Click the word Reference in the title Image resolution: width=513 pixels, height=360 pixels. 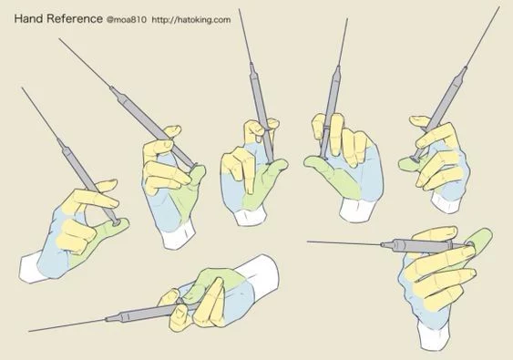(75, 18)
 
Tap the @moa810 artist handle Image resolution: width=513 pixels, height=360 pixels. (127, 20)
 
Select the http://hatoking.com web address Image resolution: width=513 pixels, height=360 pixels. (191, 20)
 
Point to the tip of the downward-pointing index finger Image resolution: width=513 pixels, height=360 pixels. (250, 191)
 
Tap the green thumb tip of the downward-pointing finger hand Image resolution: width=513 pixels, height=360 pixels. (282, 163)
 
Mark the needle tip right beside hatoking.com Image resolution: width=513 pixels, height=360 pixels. (239, 9)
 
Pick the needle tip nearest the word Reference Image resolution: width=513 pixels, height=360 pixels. (59, 39)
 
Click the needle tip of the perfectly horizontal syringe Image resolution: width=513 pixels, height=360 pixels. (308, 242)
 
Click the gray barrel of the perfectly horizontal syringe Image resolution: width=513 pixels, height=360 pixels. (422, 246)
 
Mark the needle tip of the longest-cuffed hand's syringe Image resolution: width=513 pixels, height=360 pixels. (30, 331)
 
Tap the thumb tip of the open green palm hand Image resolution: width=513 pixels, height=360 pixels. (310, 161)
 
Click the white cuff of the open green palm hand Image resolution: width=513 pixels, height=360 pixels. (356, 210)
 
